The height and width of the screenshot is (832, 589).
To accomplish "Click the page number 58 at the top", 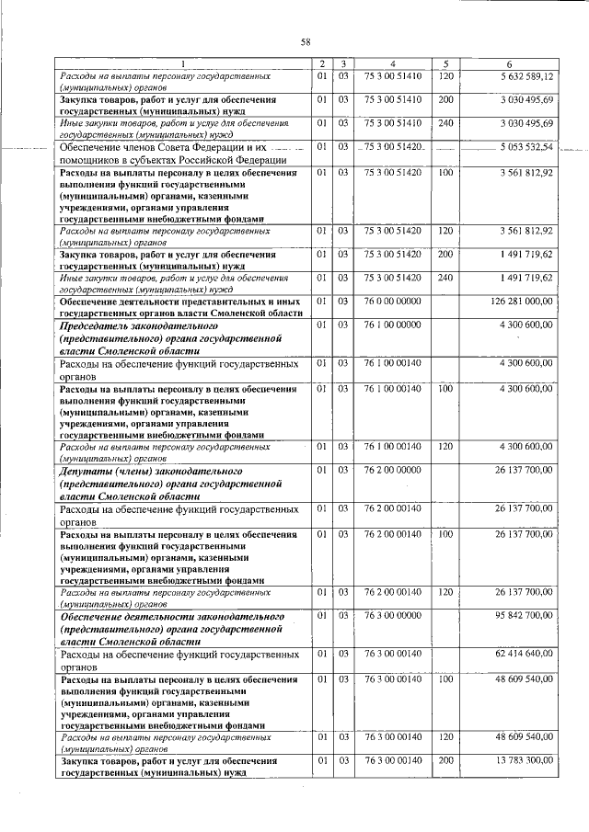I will (x=305, y=40).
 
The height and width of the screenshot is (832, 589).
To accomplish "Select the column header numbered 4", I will (x=393, y=63).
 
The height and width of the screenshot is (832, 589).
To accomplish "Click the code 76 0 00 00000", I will (x=393, y=301).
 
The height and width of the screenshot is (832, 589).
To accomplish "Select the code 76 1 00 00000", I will (x=393, y=325).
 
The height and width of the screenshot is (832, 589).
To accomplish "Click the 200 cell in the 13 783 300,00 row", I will (x=445, y=761).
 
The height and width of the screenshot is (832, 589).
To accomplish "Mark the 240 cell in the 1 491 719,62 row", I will (x=445, y=277).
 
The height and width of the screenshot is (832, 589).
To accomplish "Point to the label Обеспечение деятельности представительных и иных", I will (x=179, y=301).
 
